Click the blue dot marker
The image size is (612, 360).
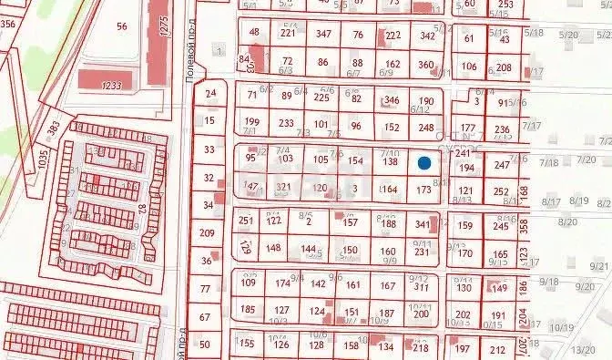pos(424,163)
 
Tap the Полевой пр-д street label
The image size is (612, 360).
pos(191,56)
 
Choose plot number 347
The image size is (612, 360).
pos(323,35)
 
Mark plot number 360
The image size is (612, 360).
pos(425,65)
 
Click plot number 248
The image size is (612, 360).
pos(426,127)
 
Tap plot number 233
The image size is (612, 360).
pos(286,123)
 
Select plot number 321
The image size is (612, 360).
pos(283,187)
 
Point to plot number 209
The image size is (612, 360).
pos(208,233)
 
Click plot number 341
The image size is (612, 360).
pos(422,224)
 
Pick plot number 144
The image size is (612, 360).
pos(310,249)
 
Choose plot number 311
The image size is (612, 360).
pos(421,286)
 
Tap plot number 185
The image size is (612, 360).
pos(248,310)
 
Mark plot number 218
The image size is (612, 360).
pos(420,347)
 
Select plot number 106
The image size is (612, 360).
pos(469,67)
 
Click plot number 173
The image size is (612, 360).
pos(423,190)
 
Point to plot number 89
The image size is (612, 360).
pos(287,95)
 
